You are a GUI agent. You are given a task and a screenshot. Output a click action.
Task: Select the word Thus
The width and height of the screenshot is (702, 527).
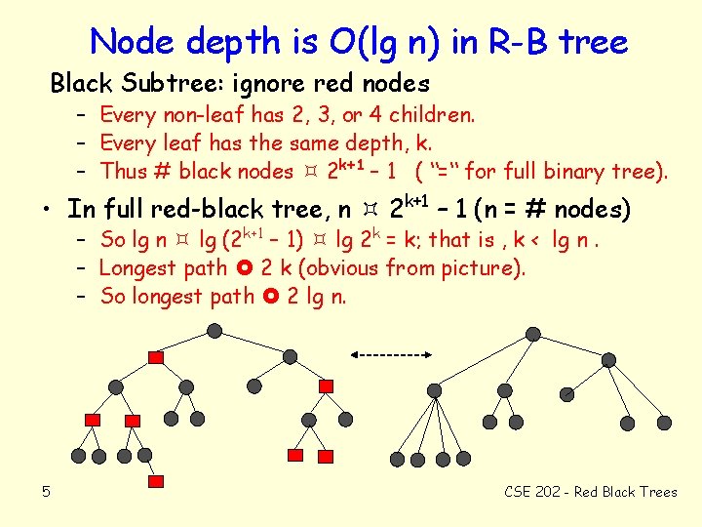click(x=125, y=172)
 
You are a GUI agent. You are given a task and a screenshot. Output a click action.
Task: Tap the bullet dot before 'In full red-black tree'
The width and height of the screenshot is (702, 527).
click(x=47, y=209)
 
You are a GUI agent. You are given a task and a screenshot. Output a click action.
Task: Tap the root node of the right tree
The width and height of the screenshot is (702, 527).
click(x=532, y=333)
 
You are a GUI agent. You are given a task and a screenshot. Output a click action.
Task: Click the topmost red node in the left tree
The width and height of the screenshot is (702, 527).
click(x=155, y=357)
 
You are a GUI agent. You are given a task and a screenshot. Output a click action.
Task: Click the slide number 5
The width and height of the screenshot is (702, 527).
click(x=46, y=491)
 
